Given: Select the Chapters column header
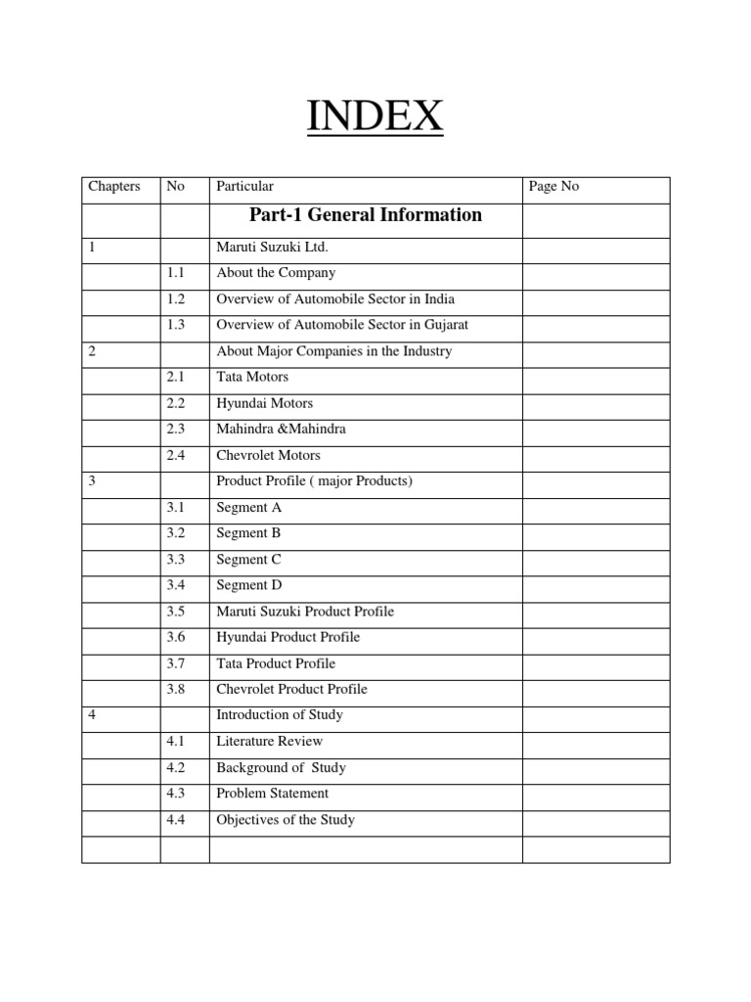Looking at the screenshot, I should pyautogui.click(x=114, y=186).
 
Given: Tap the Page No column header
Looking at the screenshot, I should pyautogui.click(x=553, y=186).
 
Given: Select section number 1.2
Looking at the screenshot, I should pyautogui.click(x=176, y=298).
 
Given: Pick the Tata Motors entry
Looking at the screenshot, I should pyautogui.click(x=252, y=377).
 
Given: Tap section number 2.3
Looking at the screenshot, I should pyautogui.click(x=176, y=429).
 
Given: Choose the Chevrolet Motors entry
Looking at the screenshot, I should pyautogui.click(x=268, y=455).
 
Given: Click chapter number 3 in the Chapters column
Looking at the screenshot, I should pyautogui.click(x=92, y=481).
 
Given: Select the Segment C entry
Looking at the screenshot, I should pyautogui.click(x=243, y=560).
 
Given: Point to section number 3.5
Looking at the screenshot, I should pyautogui.click(x=176, y=612).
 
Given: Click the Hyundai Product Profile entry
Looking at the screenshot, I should pyautogui.click(x=288, y=637).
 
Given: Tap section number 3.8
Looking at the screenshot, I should pyautogui.click(x=176, y=689).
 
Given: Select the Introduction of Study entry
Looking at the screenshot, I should pyautogui.click(x=280, y=715).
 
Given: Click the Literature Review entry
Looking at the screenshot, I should pyautogui.click(x=270, y=742).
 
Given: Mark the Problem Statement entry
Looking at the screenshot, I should pyautogui.click(x=273, y=794).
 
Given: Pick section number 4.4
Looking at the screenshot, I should pyautogui.click(x=176, y=820).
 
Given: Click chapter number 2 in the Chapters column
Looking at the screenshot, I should pyautogui.click(x=92, y=351).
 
